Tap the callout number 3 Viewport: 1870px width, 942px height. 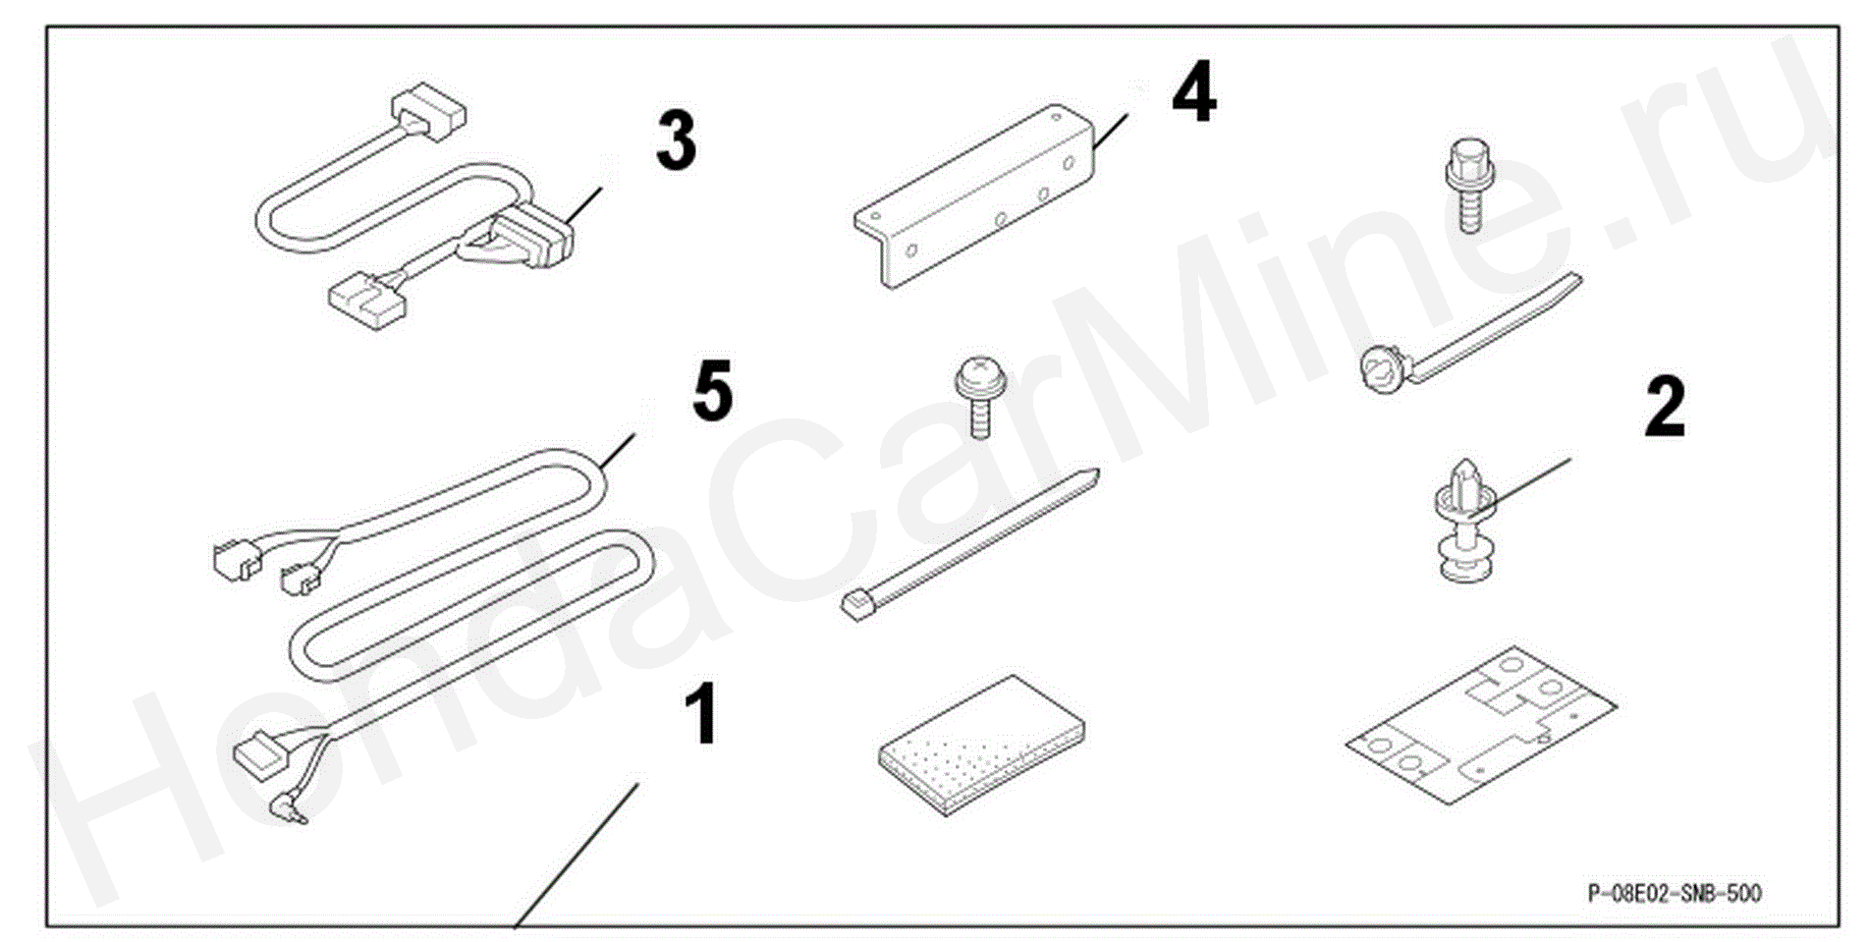[x=676, y=140]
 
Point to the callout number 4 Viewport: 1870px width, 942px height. [x=1193, y=92]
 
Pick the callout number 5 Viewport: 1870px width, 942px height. [x=712, y=391]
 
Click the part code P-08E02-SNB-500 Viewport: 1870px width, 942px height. [x=1674, y=893]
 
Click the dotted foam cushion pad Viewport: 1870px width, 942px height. [x=981, y=744]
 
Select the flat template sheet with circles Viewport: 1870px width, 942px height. [x=1480, y=724]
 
